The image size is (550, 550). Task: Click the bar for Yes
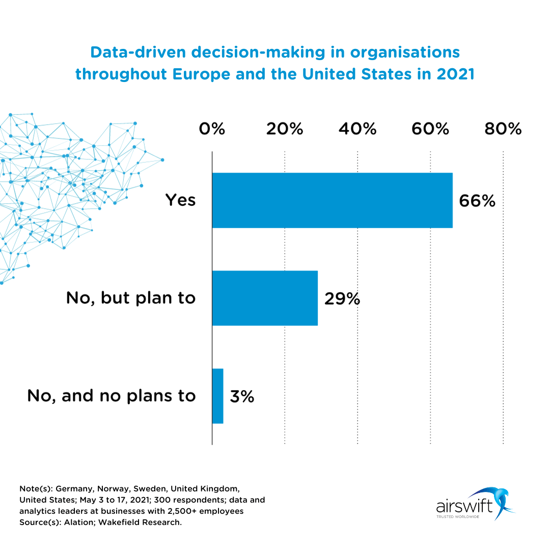click(332, 200)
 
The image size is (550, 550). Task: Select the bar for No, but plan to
click(265, 298)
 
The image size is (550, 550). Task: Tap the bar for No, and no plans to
click(218, 396)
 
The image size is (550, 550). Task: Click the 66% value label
click(477, 201)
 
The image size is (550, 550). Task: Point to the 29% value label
click(342, 298)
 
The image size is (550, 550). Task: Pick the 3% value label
click(242, 396)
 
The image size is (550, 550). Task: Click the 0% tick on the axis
click(212, 129)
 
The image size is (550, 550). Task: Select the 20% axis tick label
click(285, 129)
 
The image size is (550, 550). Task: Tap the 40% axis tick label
click(358, 129)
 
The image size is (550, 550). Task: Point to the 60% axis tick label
click(430, 129)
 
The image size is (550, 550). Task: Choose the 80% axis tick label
click(503, 129)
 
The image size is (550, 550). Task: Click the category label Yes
click(180, 200)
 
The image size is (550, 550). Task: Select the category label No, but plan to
click(131, 298)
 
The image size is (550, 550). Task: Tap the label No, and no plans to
click(112, 396)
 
